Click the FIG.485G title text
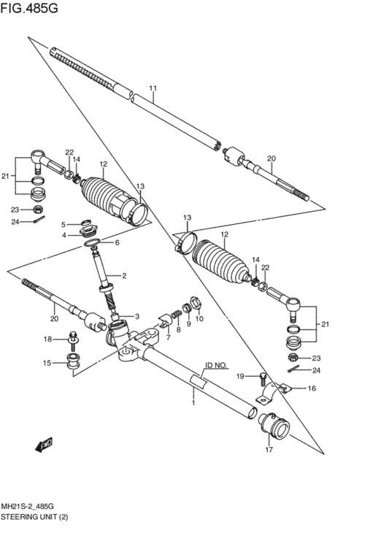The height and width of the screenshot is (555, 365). coord(29,8)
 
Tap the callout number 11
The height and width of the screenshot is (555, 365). coord(153,88)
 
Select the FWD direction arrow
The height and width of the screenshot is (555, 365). coord(45,445)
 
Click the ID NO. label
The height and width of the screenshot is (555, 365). coord(217,365)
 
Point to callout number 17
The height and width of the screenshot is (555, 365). coord(269,450)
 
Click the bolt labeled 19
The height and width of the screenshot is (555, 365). coord(262,380)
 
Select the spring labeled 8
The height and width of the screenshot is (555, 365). coord(177,315)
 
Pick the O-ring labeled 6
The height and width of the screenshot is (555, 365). coord(92,242)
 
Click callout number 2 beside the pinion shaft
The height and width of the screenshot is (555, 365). coord(124,276)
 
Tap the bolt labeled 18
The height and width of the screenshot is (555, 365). coord(74,339)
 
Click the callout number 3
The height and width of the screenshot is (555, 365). coord(137,316)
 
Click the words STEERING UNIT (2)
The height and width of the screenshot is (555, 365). coord(34,517)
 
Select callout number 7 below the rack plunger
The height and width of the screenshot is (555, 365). coord(168,337)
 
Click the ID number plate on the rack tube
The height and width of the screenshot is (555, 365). coord(199,382)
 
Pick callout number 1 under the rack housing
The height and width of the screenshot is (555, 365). coord(193,402)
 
